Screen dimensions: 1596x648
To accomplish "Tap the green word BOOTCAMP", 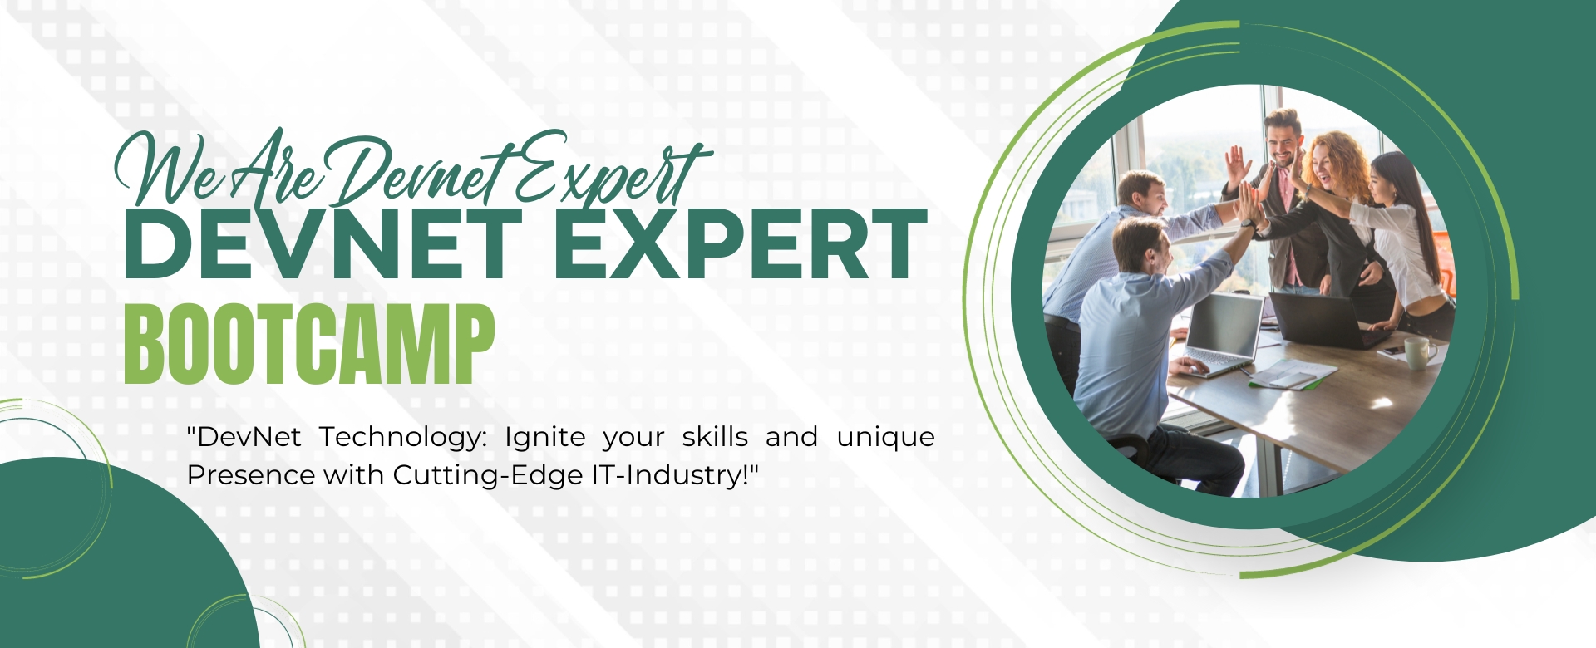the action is pos(309,344).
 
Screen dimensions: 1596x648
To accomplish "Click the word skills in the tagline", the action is pos(715,436).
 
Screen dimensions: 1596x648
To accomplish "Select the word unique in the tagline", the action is pos(886,438).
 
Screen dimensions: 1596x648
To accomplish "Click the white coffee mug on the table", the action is pos(1419,352).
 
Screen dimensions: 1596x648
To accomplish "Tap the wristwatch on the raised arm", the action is pos(1248,223).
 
